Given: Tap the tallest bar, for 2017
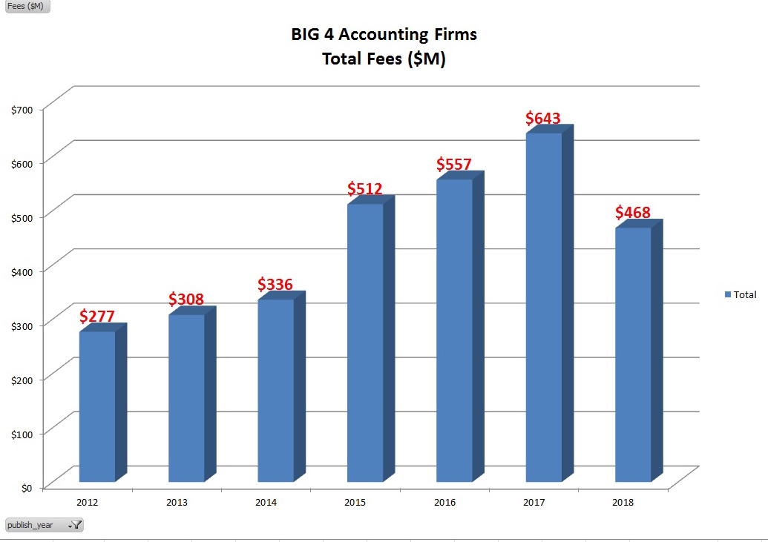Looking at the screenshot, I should point(544,307).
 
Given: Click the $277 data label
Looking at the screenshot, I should point(97,317).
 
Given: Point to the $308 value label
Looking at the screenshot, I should point(186,300).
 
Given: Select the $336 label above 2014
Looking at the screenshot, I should point(275,284).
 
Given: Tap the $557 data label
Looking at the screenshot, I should point(454,164).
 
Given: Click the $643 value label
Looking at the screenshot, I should point(543,118).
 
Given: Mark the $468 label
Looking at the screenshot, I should point(633,213).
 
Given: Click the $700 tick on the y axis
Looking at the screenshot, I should point(22,110).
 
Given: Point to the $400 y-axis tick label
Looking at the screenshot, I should point(22,271).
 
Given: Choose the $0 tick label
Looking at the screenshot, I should point(27,487).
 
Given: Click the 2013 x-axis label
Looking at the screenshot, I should point(177,503).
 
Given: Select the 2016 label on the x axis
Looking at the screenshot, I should point(445,503).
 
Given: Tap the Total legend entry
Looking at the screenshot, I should point(741,294).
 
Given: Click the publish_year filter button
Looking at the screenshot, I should point(43,525).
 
